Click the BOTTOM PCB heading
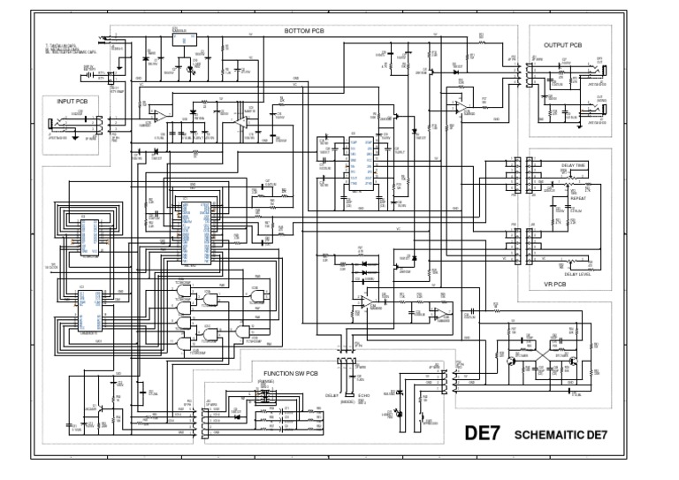[x=304, y=31]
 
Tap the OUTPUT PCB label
[x=563, y=44]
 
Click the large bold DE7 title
[x=484, y=434]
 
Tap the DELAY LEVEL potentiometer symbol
[x=579, y=261]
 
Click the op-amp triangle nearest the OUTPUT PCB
[x=461, y=105]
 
